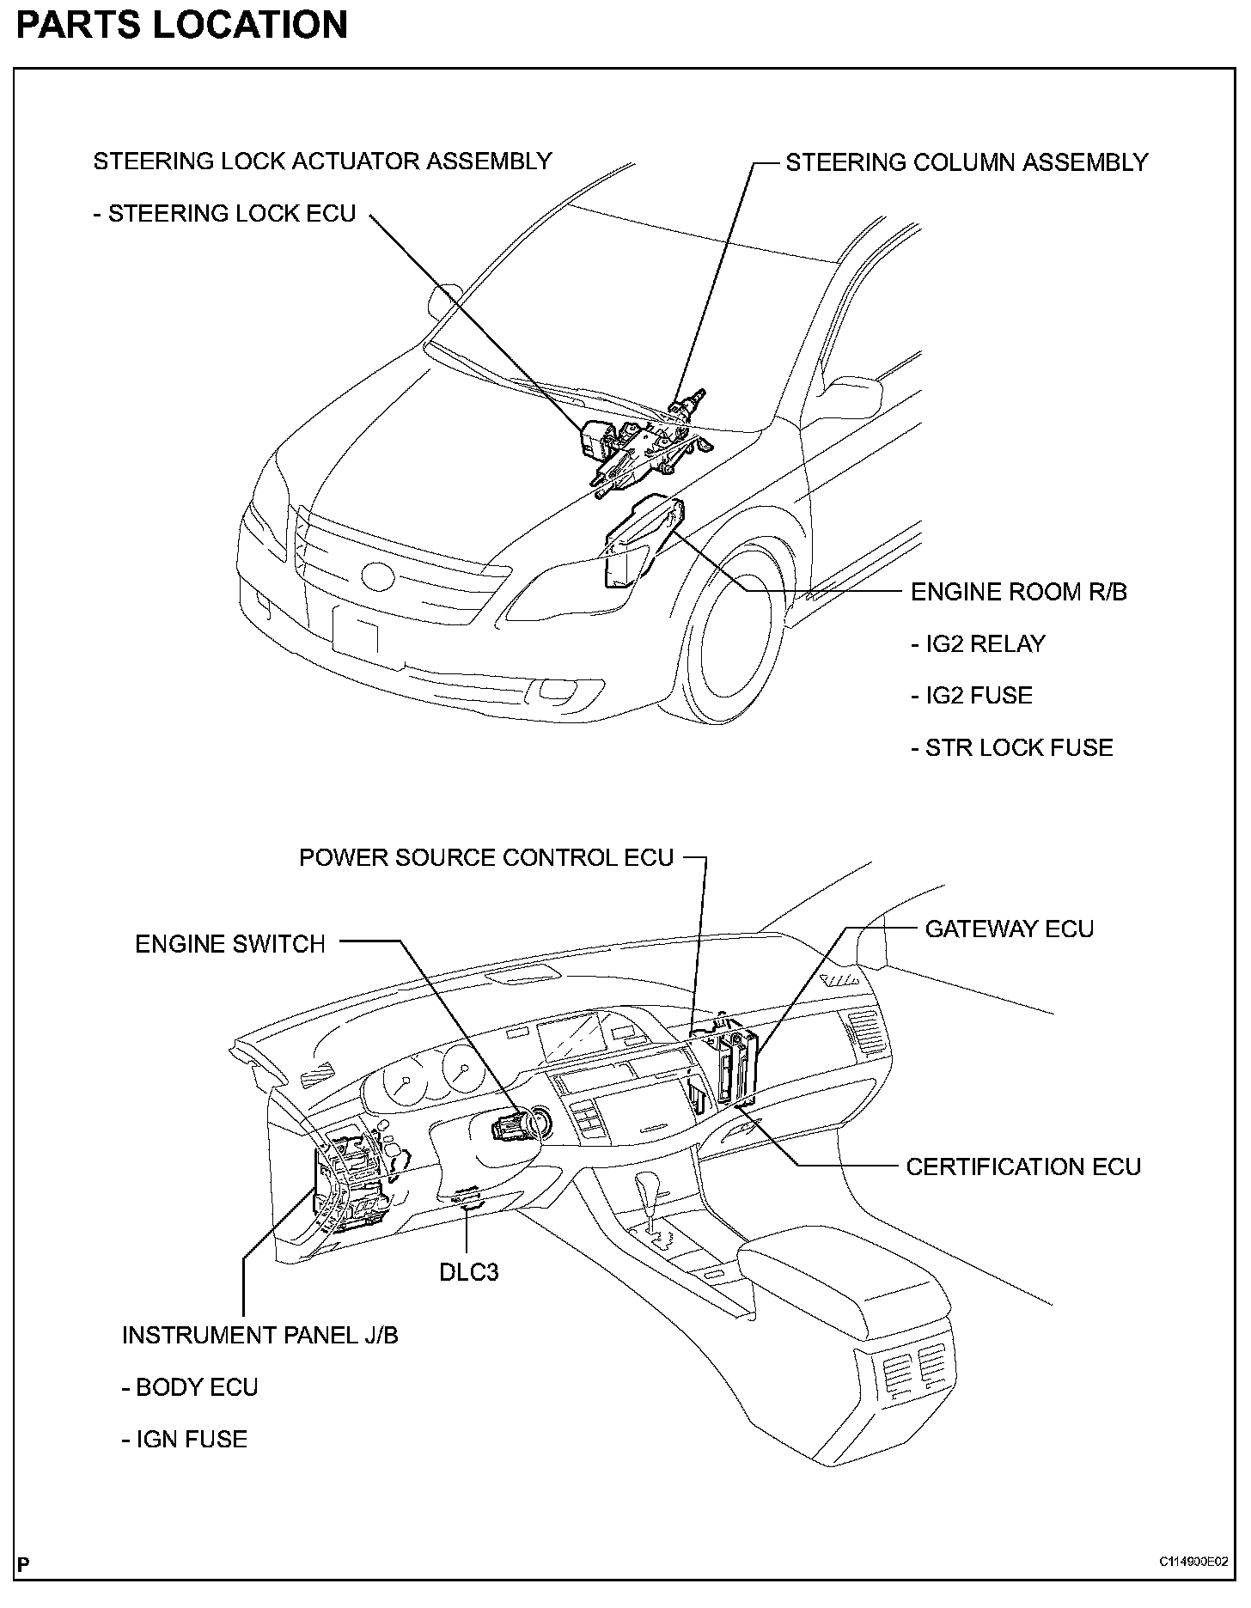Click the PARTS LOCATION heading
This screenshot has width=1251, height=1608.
(x=182, y=25)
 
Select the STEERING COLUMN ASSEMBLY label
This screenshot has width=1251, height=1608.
(x=967, y=162)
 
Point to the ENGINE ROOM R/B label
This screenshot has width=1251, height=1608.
(x=1018, y=592)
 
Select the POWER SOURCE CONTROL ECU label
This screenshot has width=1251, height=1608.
(x=486, y=858)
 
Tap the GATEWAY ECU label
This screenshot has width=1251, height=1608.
(x=1009, y=929)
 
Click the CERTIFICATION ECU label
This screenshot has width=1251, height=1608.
(x=1023, y=1166)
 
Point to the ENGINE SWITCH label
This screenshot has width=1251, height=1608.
(x=230, y=944)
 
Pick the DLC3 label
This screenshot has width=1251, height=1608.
(x=468, y=1271)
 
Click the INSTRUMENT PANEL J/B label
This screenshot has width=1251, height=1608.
(x=259, y=1335)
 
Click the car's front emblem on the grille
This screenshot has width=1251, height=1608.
(x=379, y=576)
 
